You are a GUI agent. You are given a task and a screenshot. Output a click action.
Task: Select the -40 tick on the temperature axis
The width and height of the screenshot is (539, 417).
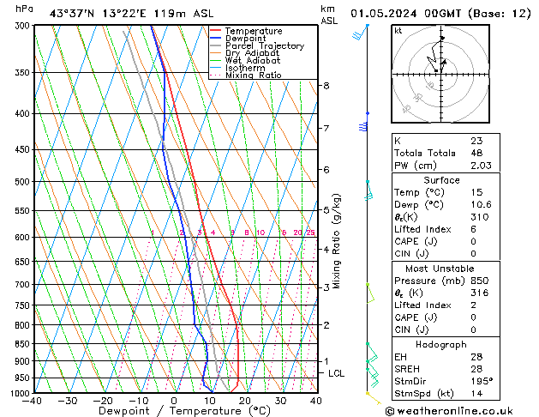pos(33,401)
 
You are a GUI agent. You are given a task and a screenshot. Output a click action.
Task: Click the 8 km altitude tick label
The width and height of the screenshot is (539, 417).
pos(326,86)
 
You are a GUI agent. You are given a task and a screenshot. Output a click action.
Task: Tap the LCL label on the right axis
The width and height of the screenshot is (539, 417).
pos(337,373)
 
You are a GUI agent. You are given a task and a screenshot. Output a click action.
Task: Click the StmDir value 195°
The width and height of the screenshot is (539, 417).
pos(481,380)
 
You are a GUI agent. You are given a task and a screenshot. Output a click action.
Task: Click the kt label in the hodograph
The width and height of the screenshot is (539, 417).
pos(398,31)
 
